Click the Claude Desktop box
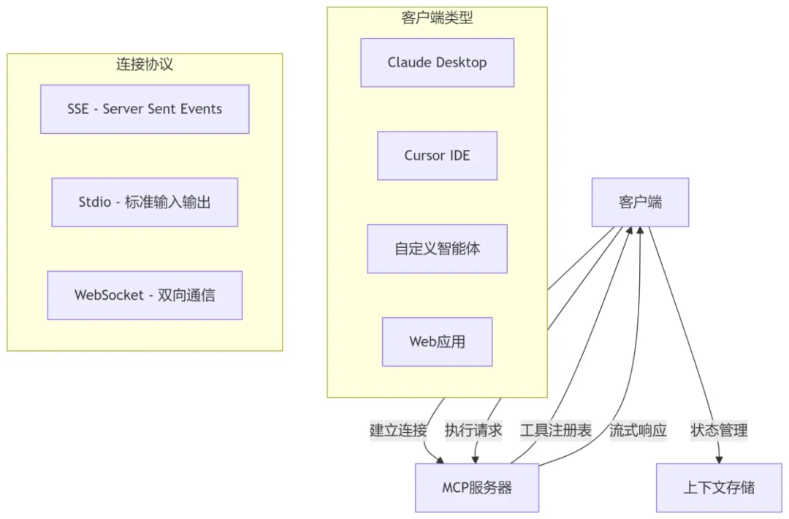coord(437,63)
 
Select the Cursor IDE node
coord(437,156)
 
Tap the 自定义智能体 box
coord(437,249)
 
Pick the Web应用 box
coord(437,341)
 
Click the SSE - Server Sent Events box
coord(145,109)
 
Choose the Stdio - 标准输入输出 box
coord(145,202)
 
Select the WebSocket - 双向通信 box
coord(145,295)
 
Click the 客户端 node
coord(640,202)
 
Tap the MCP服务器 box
coord(477,488)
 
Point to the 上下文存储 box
coord(719,488)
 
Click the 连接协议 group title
coord(145,64)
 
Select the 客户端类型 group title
coord(437,18)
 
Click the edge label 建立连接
coord(398,431)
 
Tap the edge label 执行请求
coord(473,431)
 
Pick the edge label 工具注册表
coord(556,431)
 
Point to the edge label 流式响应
coord(638,431)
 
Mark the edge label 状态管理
coord(719,431)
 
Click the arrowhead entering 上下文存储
coord(719,459)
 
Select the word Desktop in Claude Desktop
coord(461,63)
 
